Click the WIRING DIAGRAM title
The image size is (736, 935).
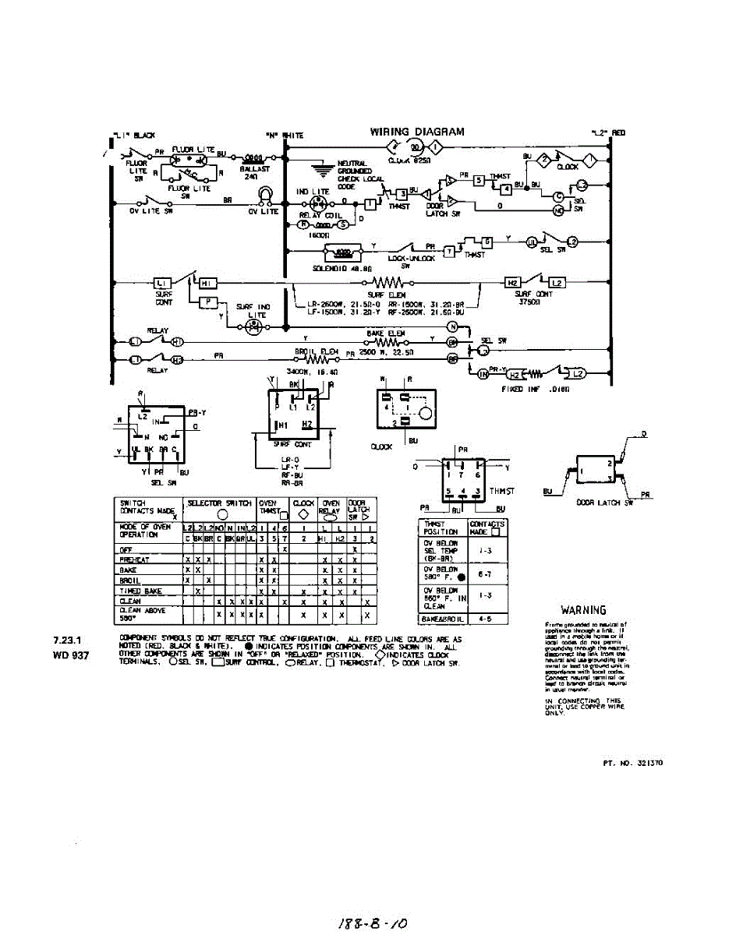click(417, 132)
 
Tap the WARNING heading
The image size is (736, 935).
click(584, 610)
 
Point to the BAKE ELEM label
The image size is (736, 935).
click(382, 333)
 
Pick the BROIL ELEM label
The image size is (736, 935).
click(317, 351)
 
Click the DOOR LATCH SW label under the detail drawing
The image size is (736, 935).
click(599, 503)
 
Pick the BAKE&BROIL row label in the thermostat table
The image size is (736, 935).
click(442, 619)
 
